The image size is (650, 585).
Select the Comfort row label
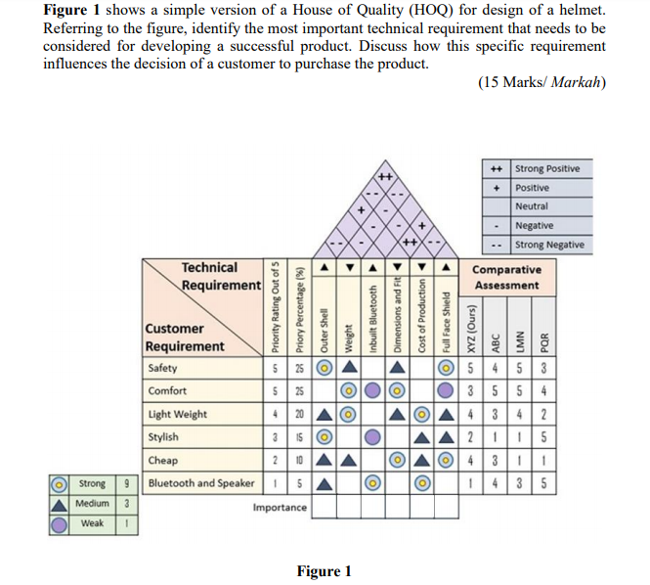(x=167, y=391)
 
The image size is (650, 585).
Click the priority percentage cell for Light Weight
(x=299, y=414)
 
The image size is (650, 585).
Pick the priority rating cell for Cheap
(x=276, y=459)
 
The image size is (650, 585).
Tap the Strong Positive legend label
(x=547, y=168)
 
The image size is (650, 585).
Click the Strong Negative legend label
(x=549, y=244)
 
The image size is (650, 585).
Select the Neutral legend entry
(x=532, y=206)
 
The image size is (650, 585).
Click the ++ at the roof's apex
(x=385, y=176)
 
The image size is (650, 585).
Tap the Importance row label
(x=280, y=507)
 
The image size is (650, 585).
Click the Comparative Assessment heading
(x=505, y=277)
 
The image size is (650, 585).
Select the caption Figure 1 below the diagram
(x=324, y=571)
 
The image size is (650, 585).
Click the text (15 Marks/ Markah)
(x=542, y=82)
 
